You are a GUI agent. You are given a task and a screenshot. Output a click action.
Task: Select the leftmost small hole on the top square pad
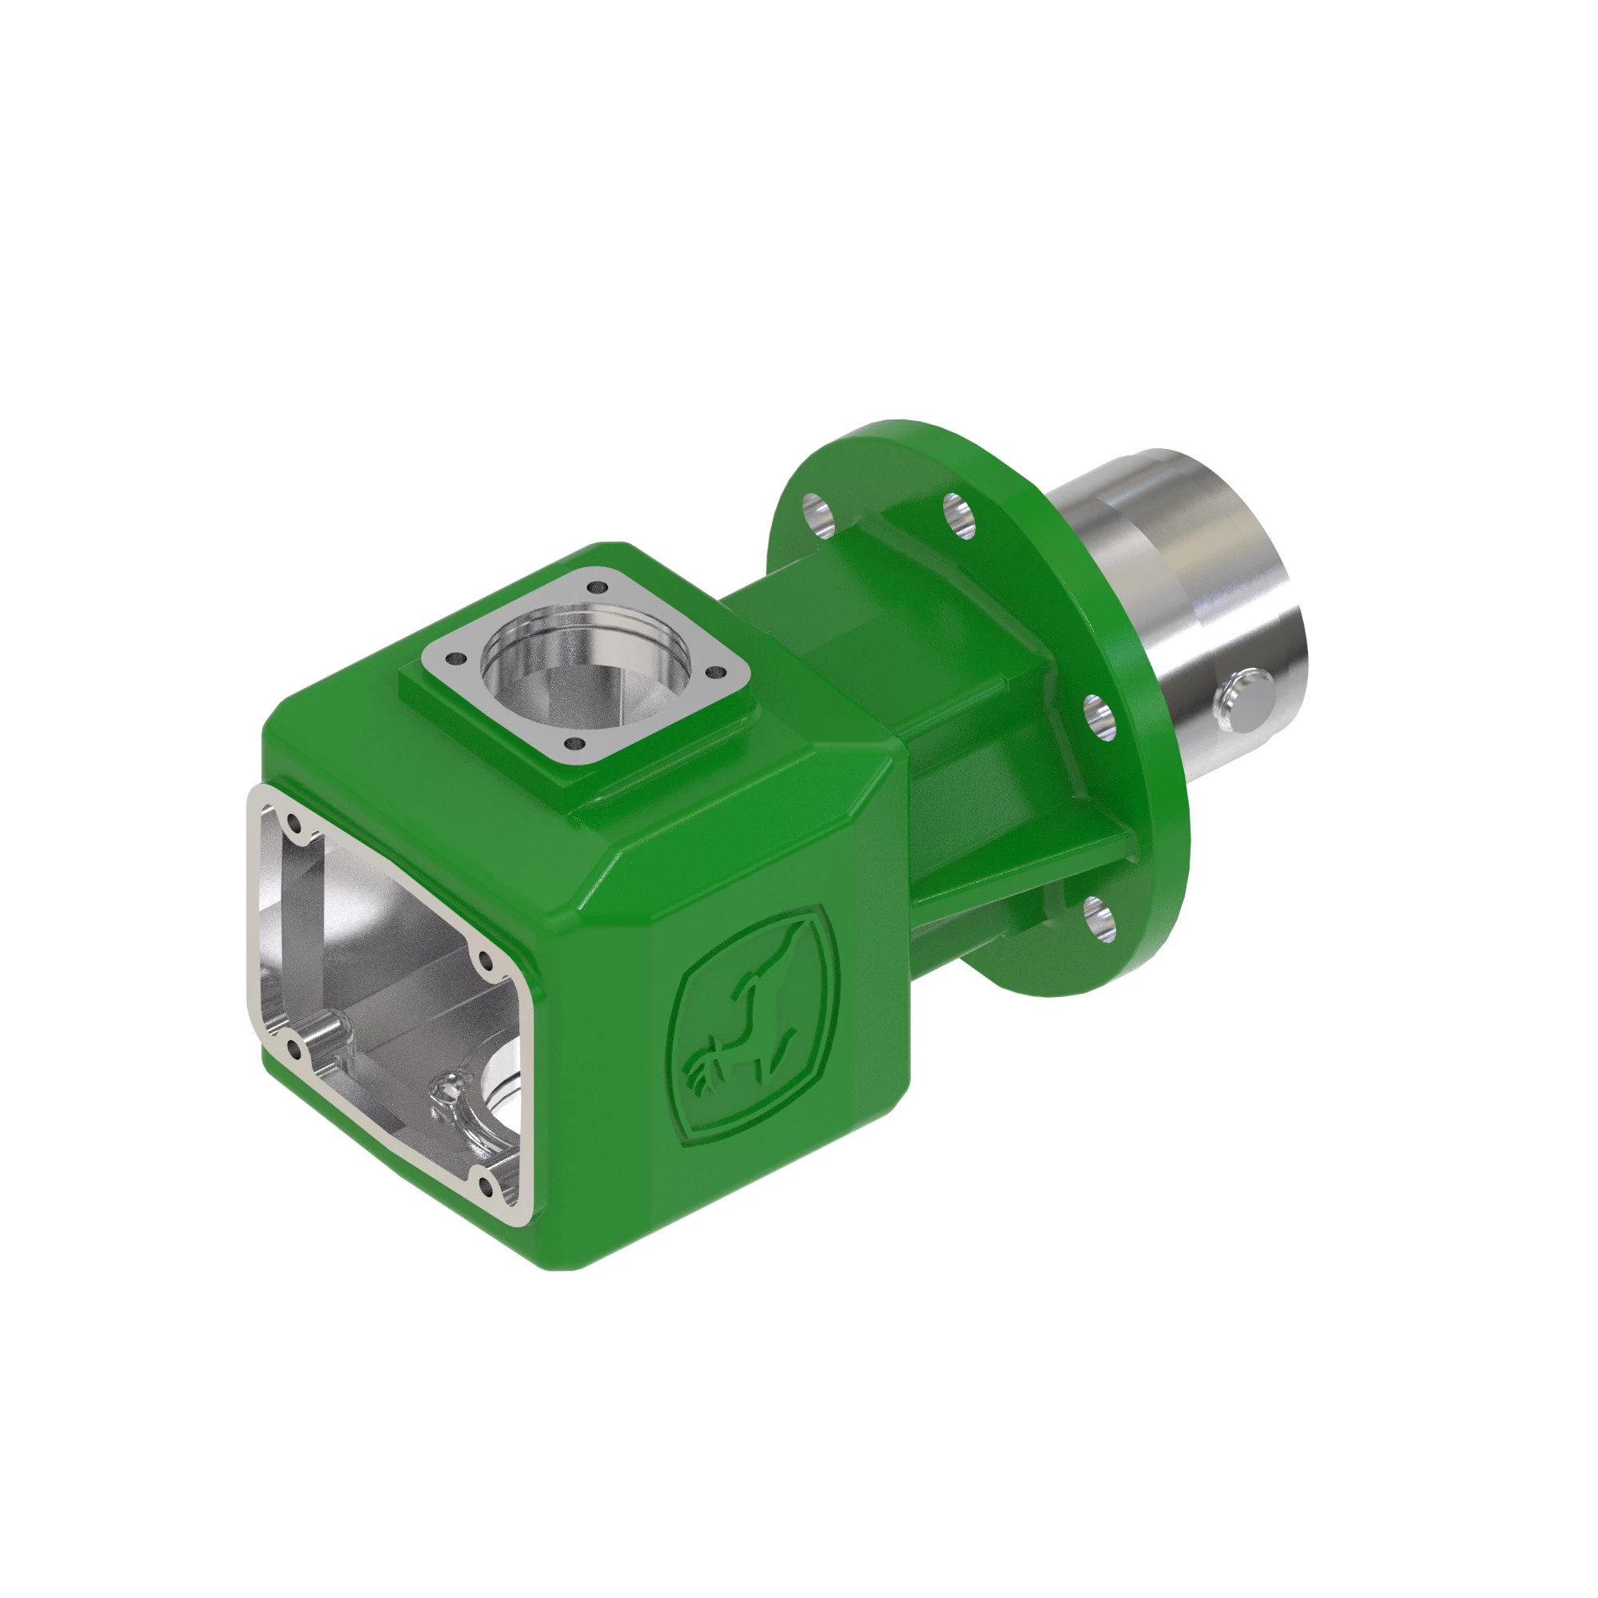[x=453, y=659]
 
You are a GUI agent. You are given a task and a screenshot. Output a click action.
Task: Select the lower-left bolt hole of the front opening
[x=293, y=1050]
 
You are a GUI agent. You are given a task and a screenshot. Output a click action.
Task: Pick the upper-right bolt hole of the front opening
[x=485, y=962]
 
